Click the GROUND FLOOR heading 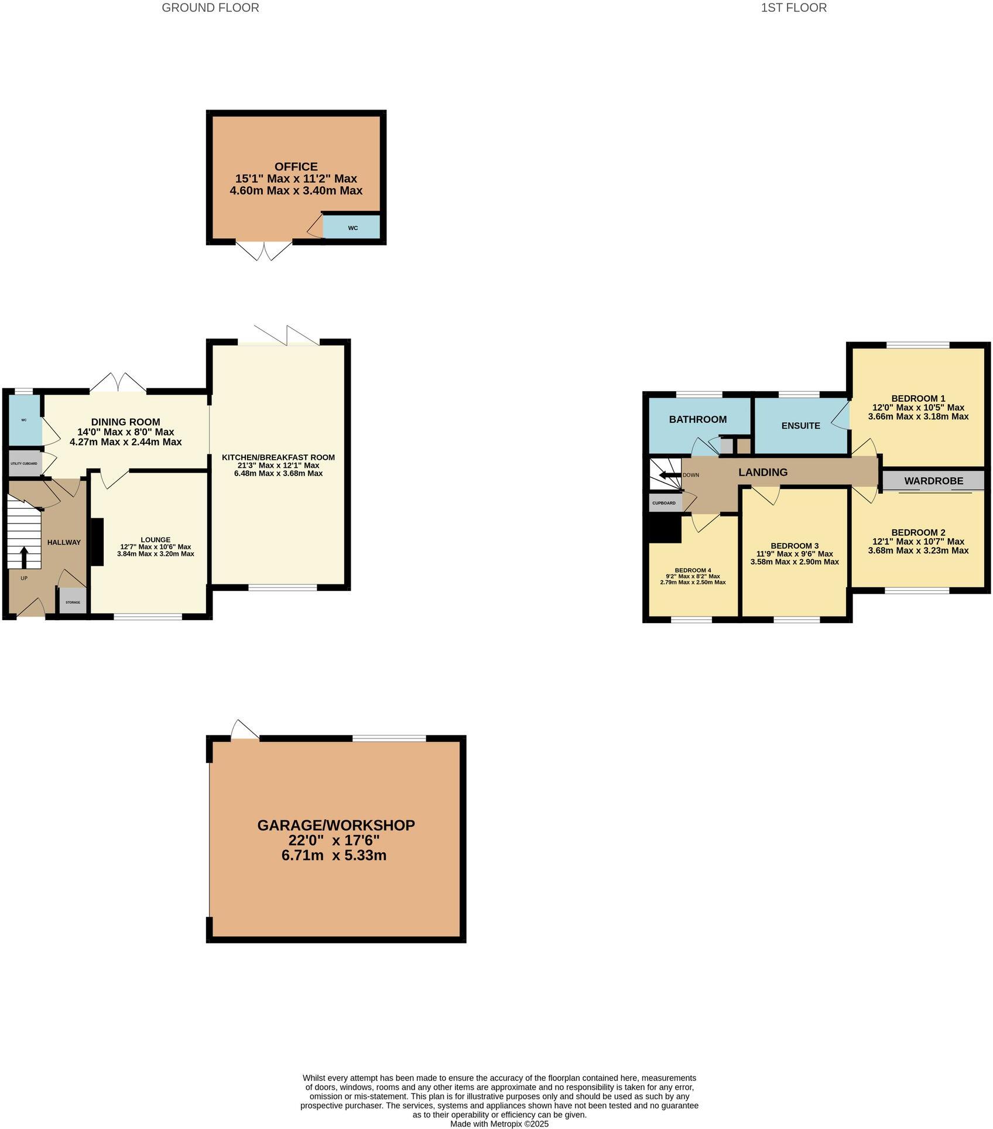pos(210,8)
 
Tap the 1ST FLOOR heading pos(793,8)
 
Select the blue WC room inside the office pos(351,227)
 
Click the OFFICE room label pos(296,167)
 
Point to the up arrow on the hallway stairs pos(24,557)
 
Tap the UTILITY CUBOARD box pos(25,463)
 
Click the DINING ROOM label pos(125,422)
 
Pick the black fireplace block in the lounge pos(97,542)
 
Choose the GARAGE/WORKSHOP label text pos(336,825)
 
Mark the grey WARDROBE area pos(933,481)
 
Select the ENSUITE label pos(800,426)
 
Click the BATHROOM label pos(697,419)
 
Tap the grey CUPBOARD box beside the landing pos(663,503)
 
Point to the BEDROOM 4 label pos(693,570)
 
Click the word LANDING pos(762,472)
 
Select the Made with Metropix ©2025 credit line pos(499,1124)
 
